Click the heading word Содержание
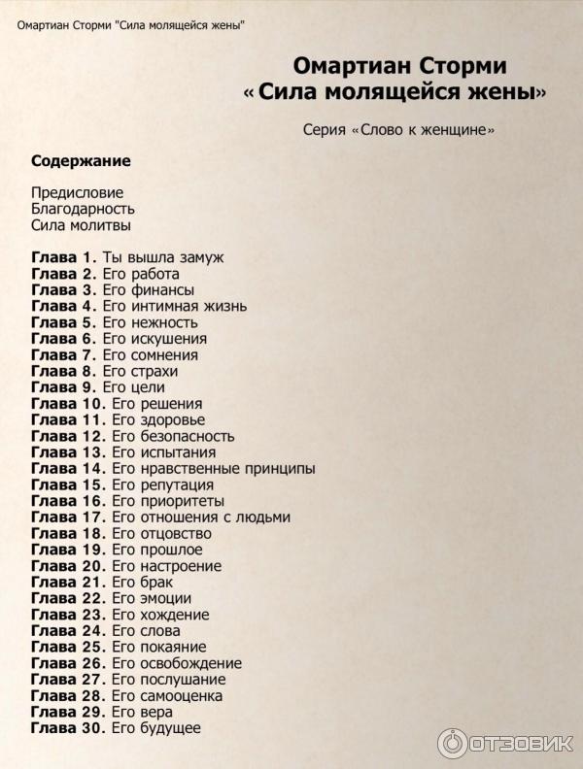click(x=81, y=161)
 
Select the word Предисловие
click(x=78, y=192)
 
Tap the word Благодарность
click(x=83, y=209)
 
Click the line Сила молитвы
click(x=81, y=225)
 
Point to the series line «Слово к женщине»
click(x=398, y=130)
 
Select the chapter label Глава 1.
click(x=63, y=257)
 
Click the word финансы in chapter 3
click(x=163, y=290)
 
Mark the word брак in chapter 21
click(x=156, y=583)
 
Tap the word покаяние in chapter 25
click(x=172, y=647)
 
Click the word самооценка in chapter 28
click(x=181, y=696)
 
